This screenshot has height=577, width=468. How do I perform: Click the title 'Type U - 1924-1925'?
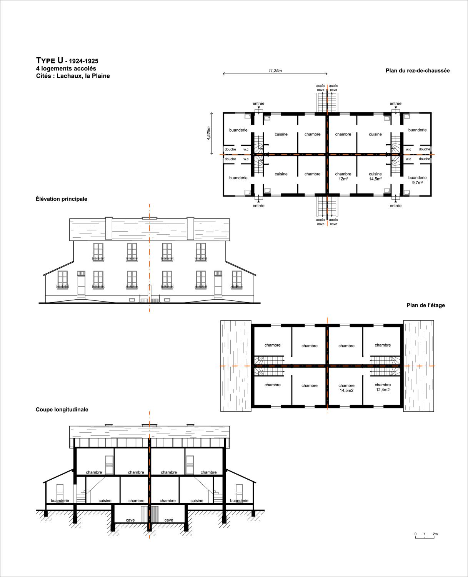[67, 61]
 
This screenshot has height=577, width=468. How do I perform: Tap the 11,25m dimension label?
[275, 71]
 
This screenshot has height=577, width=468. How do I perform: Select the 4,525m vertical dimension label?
[208, 133]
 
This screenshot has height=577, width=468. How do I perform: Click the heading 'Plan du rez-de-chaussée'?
[418, 71]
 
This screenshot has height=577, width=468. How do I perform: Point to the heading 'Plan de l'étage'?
[426, 305]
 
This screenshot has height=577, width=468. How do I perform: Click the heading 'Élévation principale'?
[62, 199]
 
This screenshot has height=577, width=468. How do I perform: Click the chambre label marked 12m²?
[343, 176]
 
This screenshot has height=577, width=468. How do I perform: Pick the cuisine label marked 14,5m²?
[375, 176]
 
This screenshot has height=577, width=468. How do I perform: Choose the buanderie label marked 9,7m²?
[417, 180]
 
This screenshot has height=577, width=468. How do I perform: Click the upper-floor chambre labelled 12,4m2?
[383, 387]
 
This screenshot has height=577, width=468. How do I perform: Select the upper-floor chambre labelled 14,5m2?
[346, 388]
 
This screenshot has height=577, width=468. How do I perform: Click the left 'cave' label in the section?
[130, 520]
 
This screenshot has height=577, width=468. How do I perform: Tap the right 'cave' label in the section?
[169, 520]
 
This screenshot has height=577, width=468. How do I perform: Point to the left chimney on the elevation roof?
[108, 228]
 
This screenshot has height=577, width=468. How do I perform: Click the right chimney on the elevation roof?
[190, 228]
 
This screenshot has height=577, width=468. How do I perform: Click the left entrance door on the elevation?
[81, 285]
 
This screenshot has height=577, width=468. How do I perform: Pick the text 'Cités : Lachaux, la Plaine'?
[73, 76]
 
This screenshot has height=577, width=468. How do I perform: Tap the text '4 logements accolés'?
[66, 68]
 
